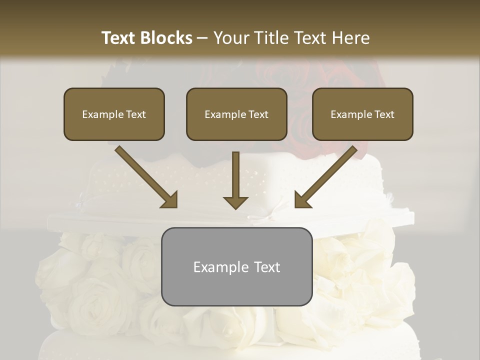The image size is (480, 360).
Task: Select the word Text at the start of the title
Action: coord(120,38)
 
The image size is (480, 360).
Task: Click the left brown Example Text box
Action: coord(114,114)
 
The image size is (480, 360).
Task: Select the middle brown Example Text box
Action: coord(236,114)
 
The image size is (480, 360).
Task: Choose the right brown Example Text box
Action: coord(362,114)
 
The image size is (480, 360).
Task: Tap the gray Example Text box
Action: coord(236,266)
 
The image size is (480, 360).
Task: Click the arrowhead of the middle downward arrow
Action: coord(235,202)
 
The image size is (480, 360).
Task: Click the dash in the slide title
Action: coord(202,38)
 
